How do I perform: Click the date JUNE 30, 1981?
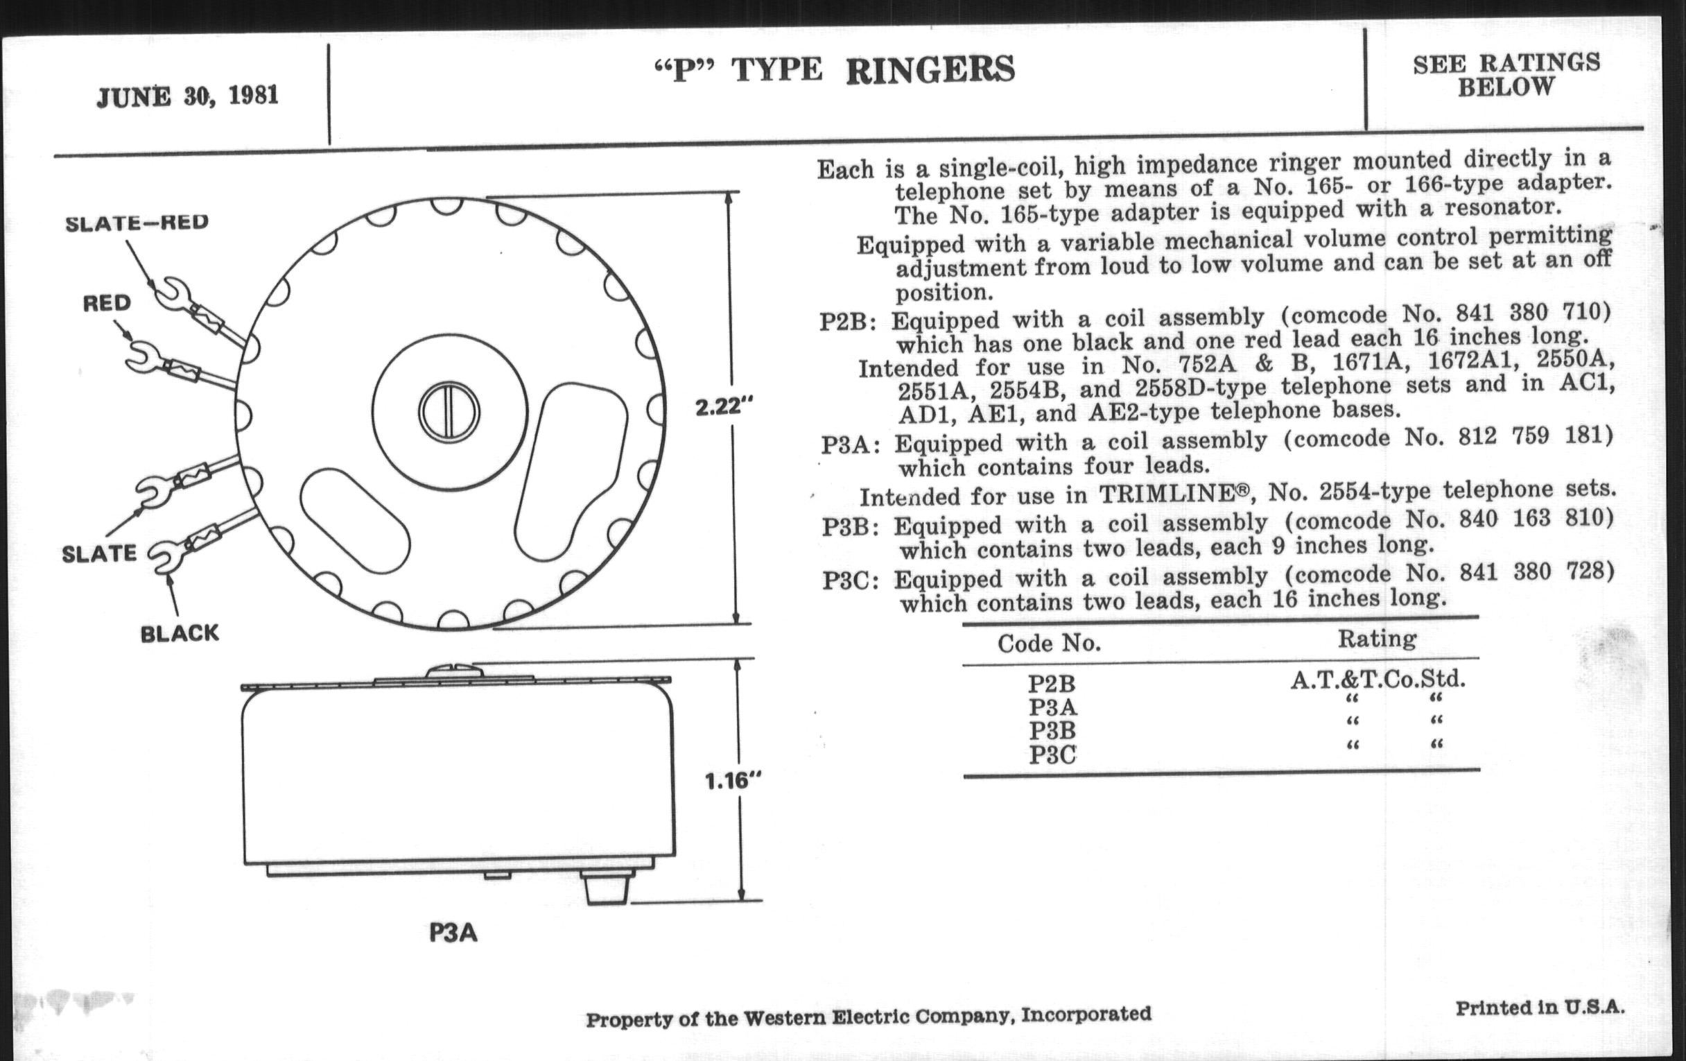pyautogui.click(x=188, y=96)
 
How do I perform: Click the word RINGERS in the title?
pyautogui.click(x=930, y=70)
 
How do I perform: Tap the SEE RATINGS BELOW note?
pyautogui.click(x=1506, y=75)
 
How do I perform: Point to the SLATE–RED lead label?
pyautogui.click(x=137, y=223)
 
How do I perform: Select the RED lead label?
pyautogui.click(x=107, y=303)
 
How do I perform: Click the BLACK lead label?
pyautogui.click(x=180, y=634)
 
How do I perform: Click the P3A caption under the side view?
pyautogui.click(x=453, y=933)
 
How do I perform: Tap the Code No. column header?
pyautogui.click(x=1049, y=643)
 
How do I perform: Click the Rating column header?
pyautogui.click(x=1378, y=639)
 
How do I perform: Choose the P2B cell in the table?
pyautogui.click(x=1052, y=683)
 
